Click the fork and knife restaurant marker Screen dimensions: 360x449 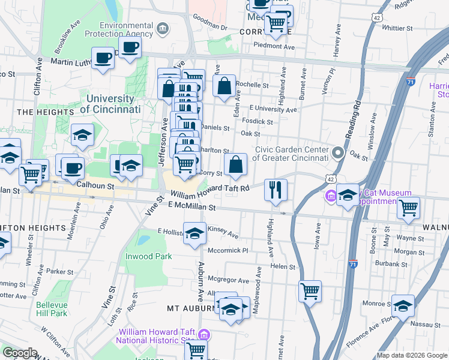276,190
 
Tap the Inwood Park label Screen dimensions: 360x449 148,256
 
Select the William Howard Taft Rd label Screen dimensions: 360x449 209,191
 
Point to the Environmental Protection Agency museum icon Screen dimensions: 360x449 161,29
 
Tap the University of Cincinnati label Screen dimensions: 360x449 110,104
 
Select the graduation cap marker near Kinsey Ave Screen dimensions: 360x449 194,234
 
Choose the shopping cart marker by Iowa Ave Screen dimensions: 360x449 310,291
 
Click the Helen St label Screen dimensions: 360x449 284,266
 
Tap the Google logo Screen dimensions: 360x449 20,353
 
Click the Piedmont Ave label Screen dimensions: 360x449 274,46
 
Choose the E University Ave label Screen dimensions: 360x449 273,109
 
